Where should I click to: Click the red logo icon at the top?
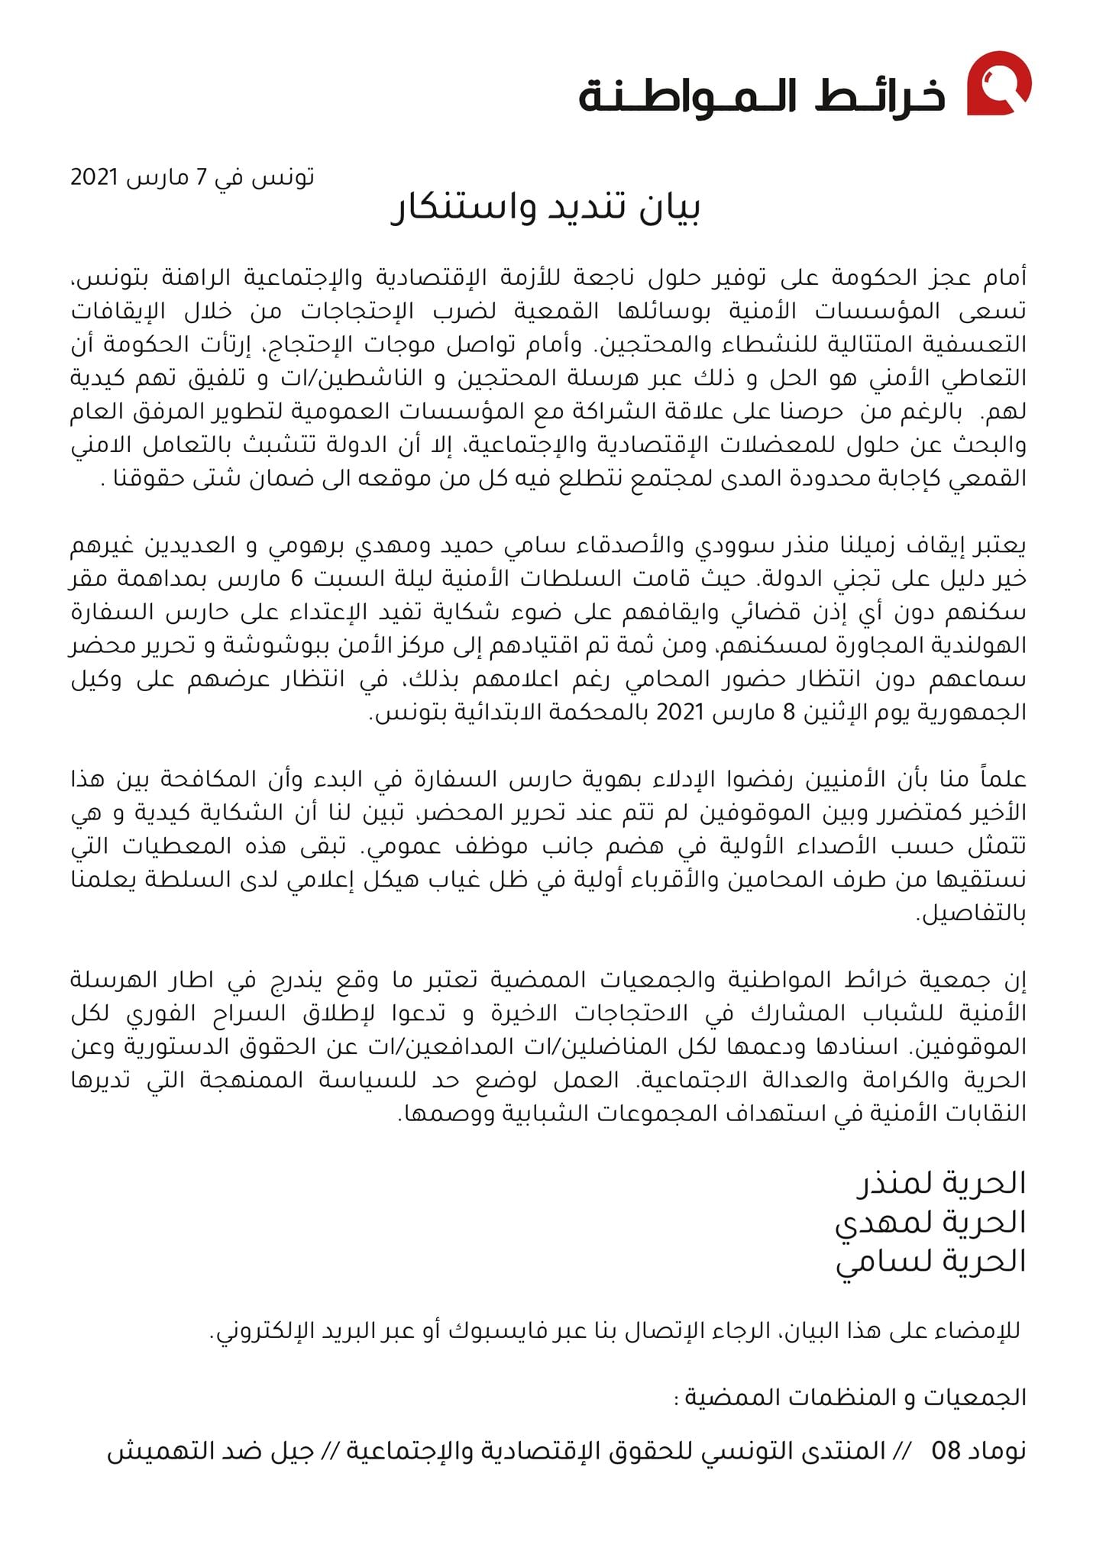pyautogui.click(x=999, y=83)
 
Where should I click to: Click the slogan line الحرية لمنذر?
pyautogui.click(x=941, y=1183)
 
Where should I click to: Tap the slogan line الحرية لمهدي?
pyautogui.click(x=930, y=1223)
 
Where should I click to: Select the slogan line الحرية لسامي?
pyautogui.click(x=931, y=1262)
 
